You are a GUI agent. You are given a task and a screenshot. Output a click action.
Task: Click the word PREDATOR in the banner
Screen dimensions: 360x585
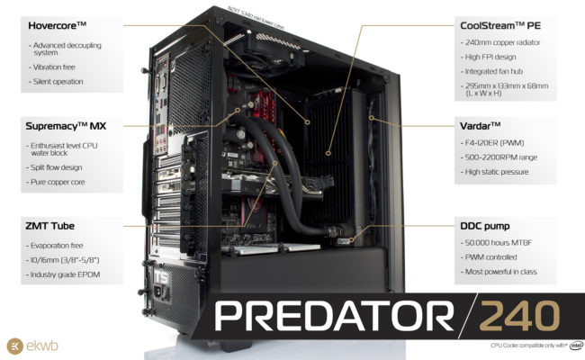[333, 318]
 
